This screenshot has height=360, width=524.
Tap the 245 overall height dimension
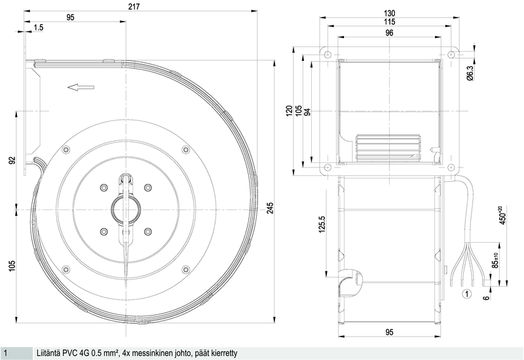point(271,209)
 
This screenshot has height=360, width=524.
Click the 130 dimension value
point(389,13)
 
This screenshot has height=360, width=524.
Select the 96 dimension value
point(389,33)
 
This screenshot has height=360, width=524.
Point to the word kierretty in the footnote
point(219,353)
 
